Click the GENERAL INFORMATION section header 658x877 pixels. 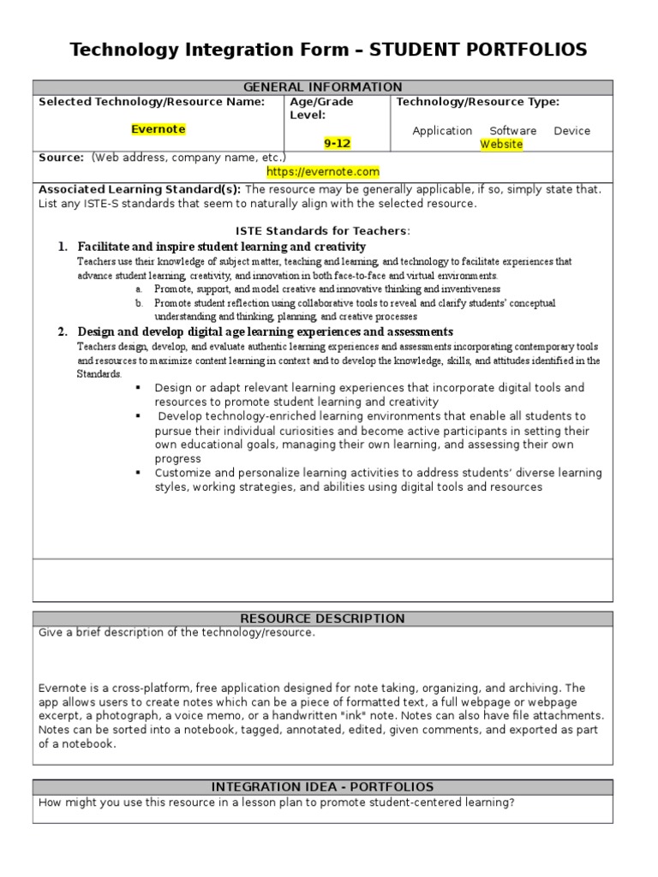coord(323,87)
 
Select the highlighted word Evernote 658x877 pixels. coord(159,129)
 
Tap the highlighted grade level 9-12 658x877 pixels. coord(337,143)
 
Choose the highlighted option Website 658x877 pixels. coord(501,144)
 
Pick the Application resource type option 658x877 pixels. coord(442,131)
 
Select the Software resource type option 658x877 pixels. coord(512,131)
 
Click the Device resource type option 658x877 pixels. coord(571,131)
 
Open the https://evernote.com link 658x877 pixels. coord(323,171)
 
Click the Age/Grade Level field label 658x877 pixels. coord(321,108)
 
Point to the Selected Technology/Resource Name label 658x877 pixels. coord(152,102)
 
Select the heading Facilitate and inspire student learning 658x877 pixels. coord(221,247)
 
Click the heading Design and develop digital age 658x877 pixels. coord(266,331)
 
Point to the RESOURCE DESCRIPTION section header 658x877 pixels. coord(323,618)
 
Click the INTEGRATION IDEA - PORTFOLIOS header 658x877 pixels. coord(323,786)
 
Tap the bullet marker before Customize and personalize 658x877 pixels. coord(137,473)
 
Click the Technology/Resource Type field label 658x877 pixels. coord(478,102)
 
